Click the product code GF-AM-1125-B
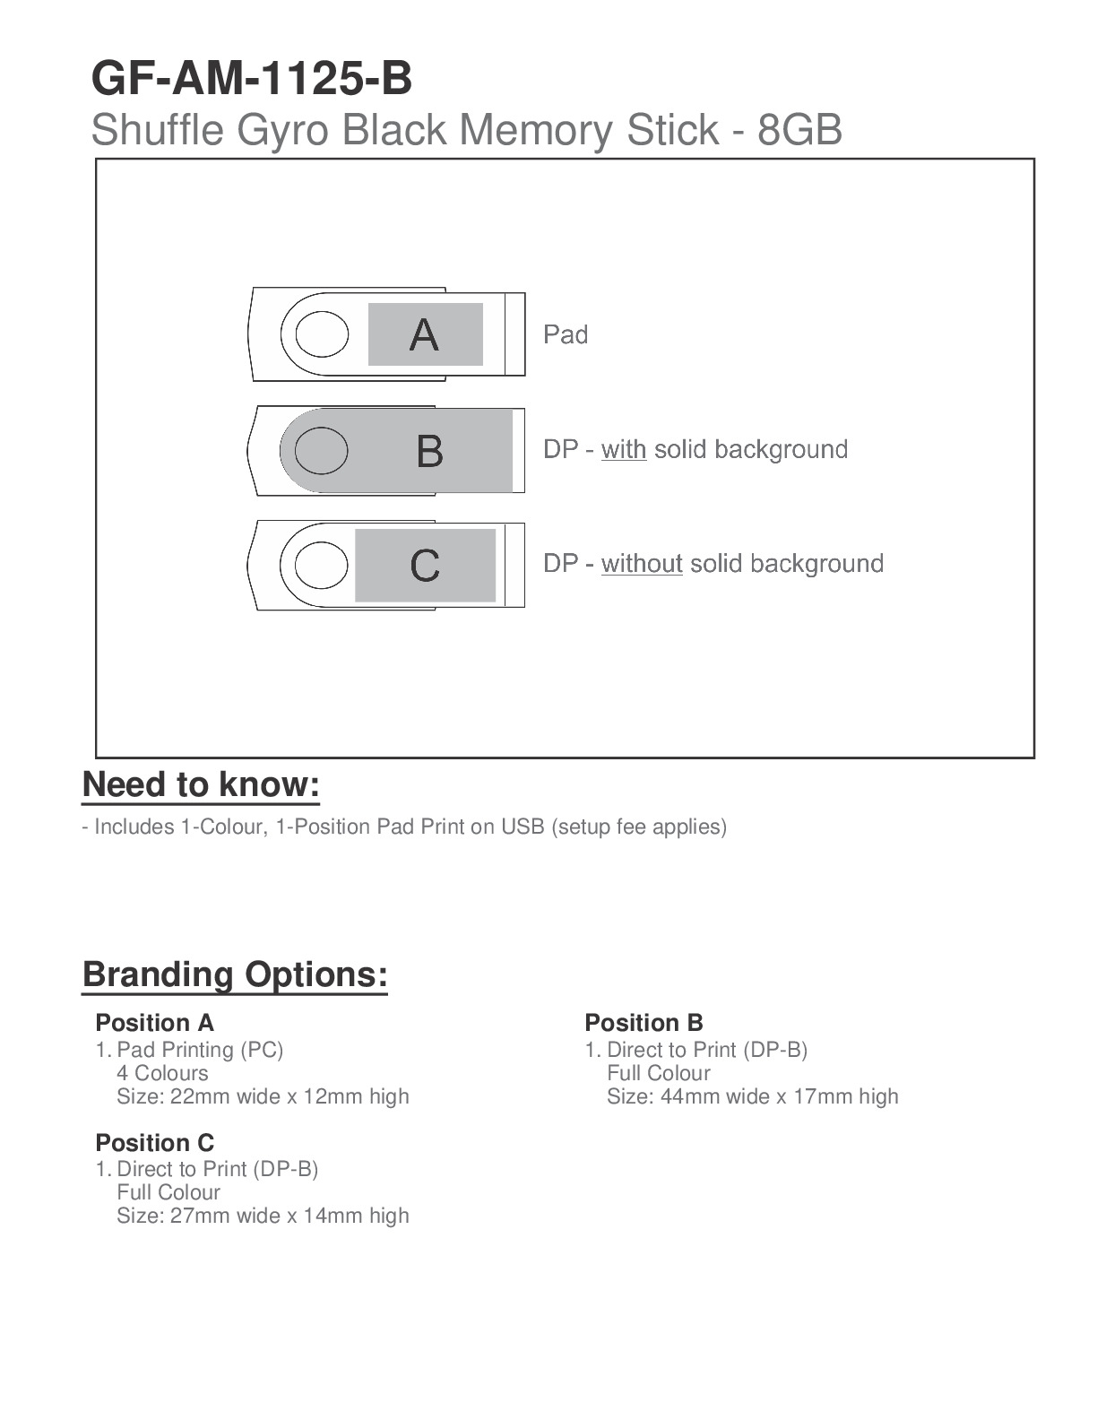point(252,79)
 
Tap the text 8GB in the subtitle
point(799,131)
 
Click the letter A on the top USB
point(424,335)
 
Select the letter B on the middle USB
point(429,451)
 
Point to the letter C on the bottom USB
point(425,566)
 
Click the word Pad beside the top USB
point(566,335)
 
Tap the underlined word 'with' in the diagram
point(623,449)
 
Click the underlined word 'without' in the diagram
point(642,564)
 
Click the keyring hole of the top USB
point(321,334)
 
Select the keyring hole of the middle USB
point(321,449)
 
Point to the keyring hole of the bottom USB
point(321,565)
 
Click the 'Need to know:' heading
point(201,784)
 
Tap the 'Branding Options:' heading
point(235,974)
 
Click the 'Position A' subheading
point(154,1023)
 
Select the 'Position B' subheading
point(644,1023)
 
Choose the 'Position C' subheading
point(154,1143)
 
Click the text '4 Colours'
point(162,1073)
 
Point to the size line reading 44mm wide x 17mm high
point(752,1096)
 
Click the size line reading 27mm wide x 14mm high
point(263,1216)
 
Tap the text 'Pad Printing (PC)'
point(200,1050)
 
